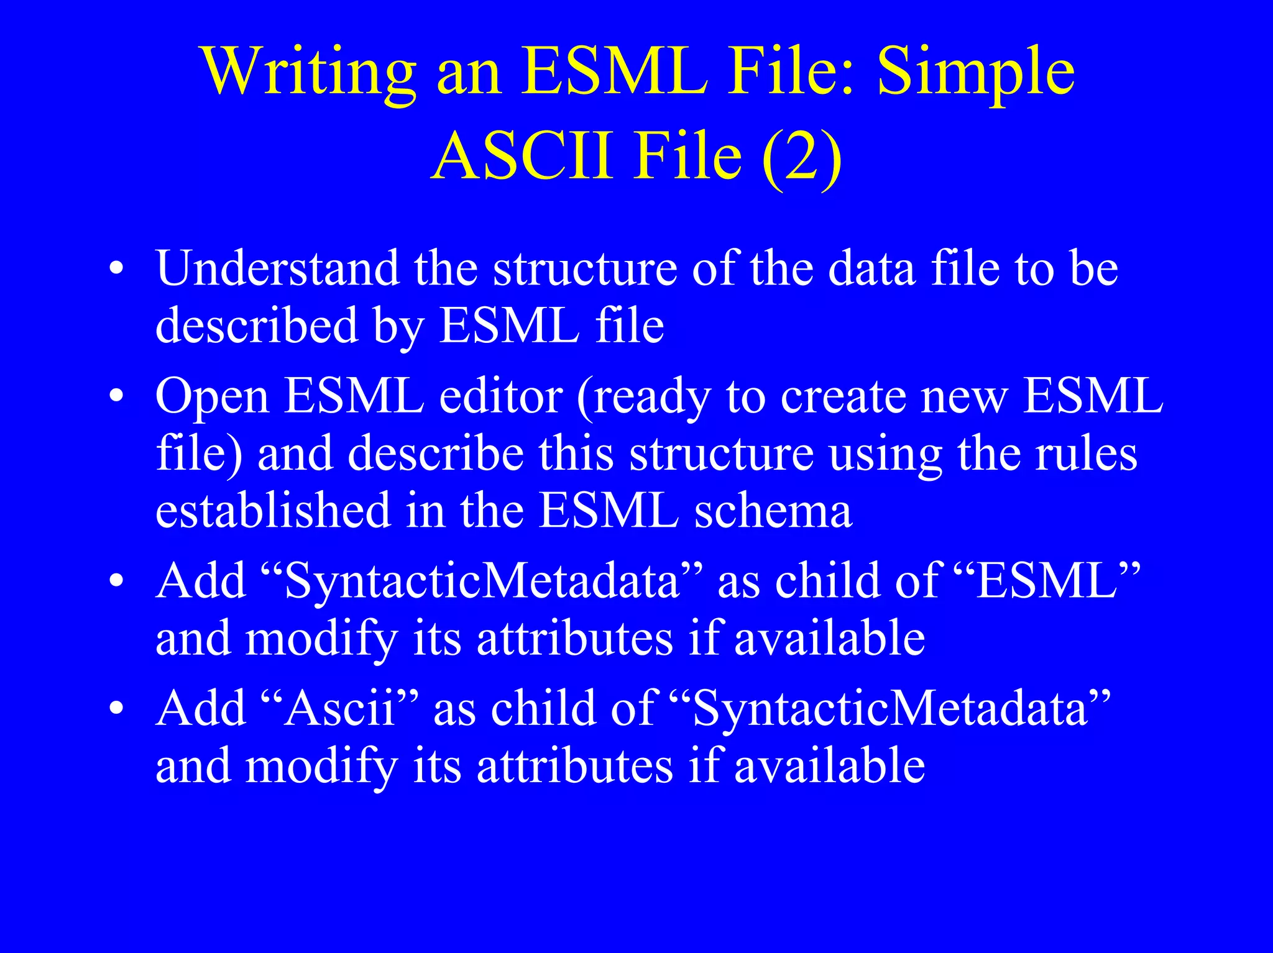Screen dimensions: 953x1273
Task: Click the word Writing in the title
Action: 309,73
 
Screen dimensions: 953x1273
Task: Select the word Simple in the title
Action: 976,73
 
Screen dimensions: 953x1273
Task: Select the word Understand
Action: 277,268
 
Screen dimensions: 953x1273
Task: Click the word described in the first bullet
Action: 257,326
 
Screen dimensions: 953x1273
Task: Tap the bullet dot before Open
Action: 116,396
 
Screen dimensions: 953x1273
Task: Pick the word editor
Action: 501,396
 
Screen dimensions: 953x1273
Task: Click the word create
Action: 843,396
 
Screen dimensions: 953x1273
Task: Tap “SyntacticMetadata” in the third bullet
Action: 482,581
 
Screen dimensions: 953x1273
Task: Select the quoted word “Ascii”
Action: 339,708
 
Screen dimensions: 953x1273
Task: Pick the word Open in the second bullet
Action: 212,396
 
